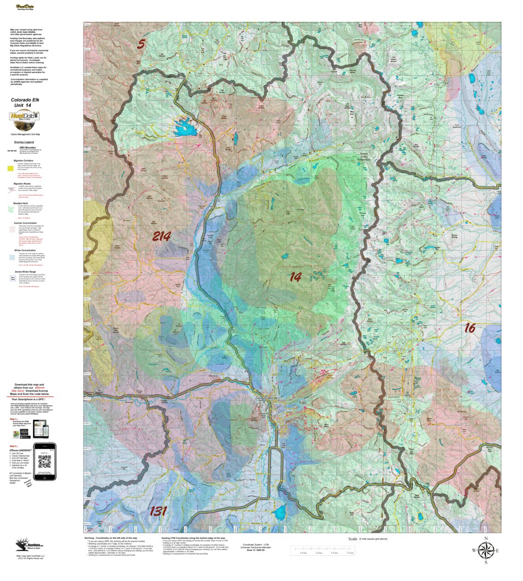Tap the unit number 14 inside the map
tap(295, 277)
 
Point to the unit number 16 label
tap(469, 328)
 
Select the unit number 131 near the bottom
tap(158, 511)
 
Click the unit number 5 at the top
tap(141, 44)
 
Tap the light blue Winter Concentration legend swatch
tap(17, 257)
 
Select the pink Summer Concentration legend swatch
tap(17, 229)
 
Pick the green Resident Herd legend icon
tap(17, 209)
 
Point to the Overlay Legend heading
tap(24, 142)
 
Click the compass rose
tap(485, 550)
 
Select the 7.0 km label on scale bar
tap(350, 553)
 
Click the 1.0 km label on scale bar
tap(303, 553)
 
